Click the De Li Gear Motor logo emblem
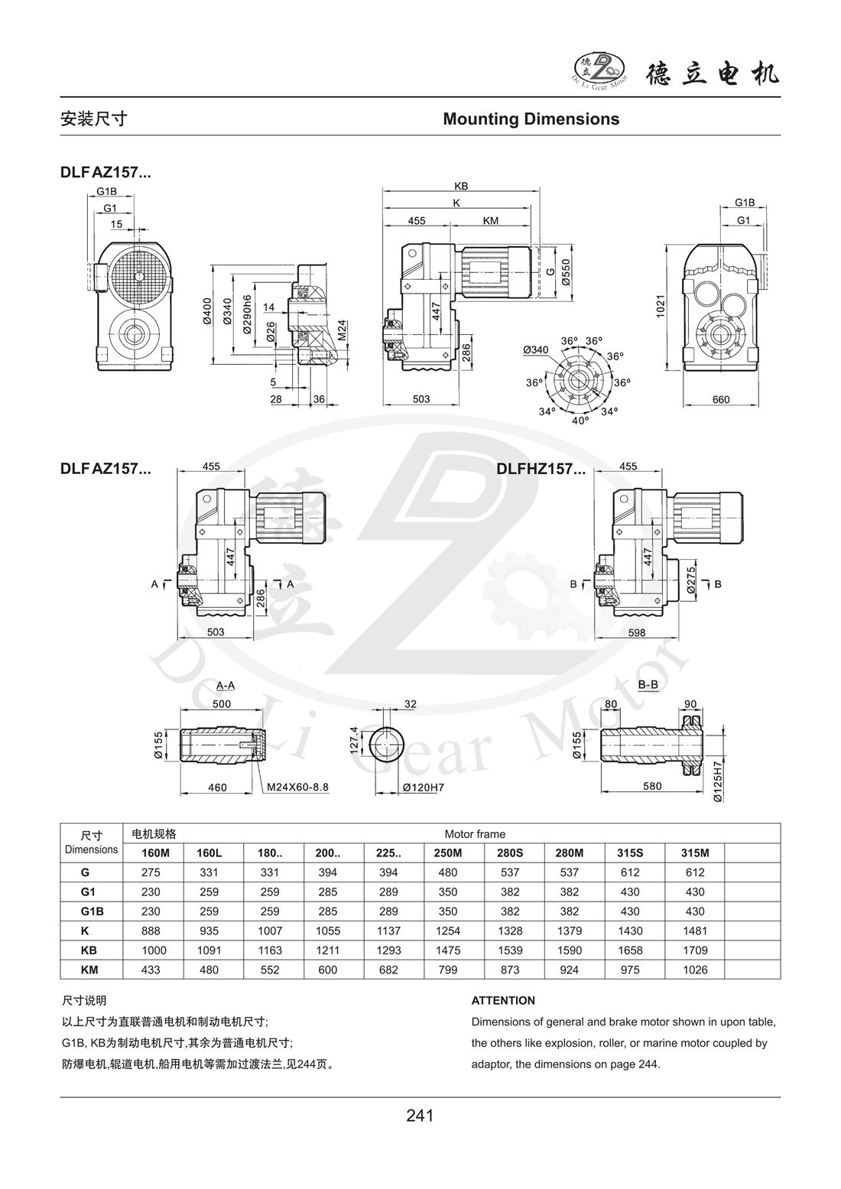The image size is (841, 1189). pos(599,72)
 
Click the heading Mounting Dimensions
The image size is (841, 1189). pos(531,119)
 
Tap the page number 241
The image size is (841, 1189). pos(420,1116)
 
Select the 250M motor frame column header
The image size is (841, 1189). pos(448,853)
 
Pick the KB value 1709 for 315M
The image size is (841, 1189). pos(694,950)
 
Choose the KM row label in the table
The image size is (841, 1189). pos(90,970)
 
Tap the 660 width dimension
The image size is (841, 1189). pos(720,399)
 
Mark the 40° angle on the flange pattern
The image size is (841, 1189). pos(581,421)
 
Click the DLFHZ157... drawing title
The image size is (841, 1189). pos(541,469)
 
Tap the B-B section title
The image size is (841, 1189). pos(648,685)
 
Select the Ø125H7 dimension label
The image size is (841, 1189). pos(718,781)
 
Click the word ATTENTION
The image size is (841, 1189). pos(503,1000)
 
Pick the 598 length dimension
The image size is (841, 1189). pos(636,632)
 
